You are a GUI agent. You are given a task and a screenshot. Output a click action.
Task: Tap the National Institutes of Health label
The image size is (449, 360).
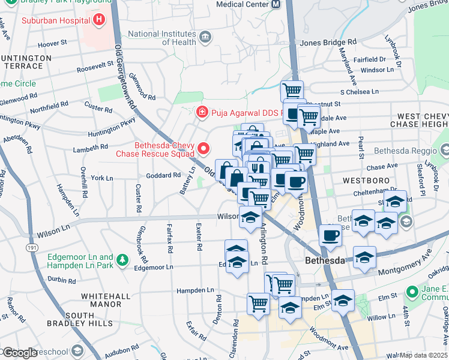click(162, 38)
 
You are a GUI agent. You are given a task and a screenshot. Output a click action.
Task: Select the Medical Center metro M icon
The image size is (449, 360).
click(276, 4)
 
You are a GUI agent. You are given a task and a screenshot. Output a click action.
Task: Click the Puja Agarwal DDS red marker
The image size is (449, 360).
click(202, 112)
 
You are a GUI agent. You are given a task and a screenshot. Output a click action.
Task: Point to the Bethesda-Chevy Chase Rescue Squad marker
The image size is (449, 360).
click(203, 148)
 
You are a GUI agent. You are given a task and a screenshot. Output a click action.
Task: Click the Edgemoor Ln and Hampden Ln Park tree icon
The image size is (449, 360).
click(122, 260)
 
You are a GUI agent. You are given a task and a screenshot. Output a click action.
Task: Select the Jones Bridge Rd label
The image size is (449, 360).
click(328, 43)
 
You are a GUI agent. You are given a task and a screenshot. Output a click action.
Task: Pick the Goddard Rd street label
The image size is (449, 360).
click(163, 175)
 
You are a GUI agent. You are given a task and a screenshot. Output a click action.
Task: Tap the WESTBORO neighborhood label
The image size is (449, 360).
click(359, 180)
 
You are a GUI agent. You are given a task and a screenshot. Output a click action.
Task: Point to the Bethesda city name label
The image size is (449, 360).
click(325, 261)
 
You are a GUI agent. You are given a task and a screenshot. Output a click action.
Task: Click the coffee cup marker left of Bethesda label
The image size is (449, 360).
click(330, 236)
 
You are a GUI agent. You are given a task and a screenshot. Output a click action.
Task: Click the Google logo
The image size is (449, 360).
click(20, 353)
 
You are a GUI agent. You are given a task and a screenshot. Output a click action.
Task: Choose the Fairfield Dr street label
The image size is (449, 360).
click(369, 59)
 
